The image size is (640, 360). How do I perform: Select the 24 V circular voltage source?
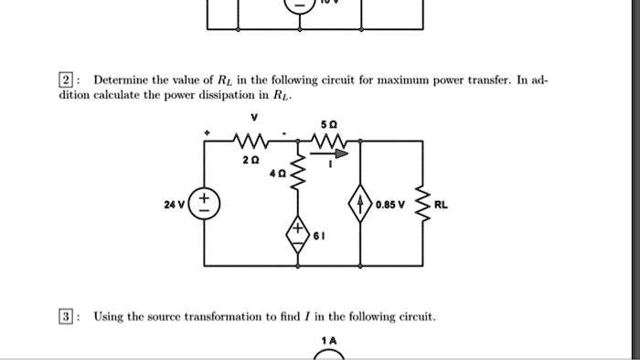click(x=203, y=205)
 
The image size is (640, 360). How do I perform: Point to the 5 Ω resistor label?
click(x=328, y=124)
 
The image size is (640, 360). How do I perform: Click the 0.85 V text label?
click(x=389, y=206)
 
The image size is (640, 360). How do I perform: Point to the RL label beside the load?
click(x=442, y=206)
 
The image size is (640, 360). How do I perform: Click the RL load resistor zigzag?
click(x=422, y=205)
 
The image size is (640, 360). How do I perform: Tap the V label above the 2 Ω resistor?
click(x=255, y=117)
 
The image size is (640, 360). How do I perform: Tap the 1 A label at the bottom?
click(x=329, y=340)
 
